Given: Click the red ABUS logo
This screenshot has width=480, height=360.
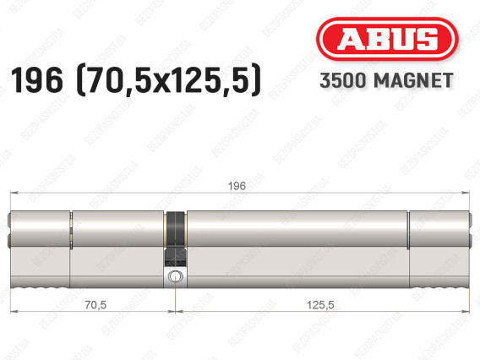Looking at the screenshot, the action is click(387, 39).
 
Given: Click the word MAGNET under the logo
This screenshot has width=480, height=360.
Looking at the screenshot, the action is click(413, 80).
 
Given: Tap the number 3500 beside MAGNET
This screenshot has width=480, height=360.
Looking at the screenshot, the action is click(343, 80).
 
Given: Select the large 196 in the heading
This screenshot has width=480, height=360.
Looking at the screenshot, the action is click(36, 80).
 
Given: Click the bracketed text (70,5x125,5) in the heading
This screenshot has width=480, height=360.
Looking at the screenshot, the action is click(168, 80).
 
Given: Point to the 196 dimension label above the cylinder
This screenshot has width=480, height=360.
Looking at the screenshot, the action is click(237, 186).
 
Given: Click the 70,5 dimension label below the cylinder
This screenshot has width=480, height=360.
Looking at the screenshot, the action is click(95, 305).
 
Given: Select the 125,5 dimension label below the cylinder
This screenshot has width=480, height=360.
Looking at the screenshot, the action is click(320, 305).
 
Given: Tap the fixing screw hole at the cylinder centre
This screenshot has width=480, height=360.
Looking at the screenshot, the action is click(175, 276).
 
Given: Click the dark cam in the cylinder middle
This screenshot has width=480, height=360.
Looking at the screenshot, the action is click(176, 239).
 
